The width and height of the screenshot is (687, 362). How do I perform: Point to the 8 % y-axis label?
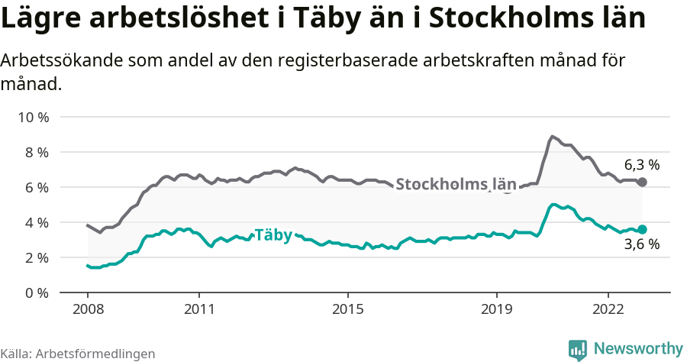34,152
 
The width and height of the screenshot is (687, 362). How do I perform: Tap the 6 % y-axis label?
34,187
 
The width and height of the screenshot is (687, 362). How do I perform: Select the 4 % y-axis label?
34,222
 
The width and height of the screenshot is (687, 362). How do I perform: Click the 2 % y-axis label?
34,257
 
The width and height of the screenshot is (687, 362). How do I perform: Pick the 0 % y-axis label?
34,293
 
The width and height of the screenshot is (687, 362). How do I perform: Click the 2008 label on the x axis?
87,310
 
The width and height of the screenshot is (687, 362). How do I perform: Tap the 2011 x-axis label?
198,310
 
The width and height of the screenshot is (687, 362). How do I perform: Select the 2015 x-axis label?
347,310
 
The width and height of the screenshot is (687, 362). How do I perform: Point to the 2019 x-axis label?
496,310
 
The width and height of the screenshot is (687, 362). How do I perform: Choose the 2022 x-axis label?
608,310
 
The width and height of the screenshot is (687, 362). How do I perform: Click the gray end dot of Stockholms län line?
642,182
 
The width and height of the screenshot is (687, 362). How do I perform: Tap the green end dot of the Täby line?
642,229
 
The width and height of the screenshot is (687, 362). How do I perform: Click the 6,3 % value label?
641,164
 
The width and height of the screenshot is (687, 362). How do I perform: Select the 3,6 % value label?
641,245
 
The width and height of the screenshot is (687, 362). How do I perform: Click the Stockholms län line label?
456,184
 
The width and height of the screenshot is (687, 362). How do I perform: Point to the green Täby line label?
273,235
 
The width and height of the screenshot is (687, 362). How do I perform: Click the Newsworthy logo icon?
578,349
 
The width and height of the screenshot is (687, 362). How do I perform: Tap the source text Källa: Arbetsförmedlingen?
78,354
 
